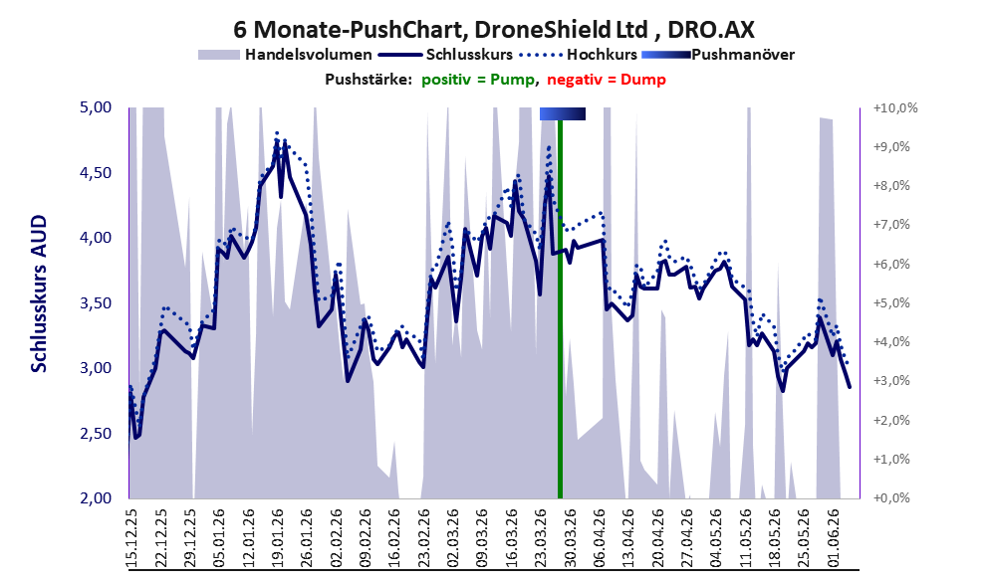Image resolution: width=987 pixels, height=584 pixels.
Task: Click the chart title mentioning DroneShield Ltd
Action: click(x=494, y=29)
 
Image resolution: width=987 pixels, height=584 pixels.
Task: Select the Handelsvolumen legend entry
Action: click(x=285, y=55)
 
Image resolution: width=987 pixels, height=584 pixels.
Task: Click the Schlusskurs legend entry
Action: click(x=445, y=55)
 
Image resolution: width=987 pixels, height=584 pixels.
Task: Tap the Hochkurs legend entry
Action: click(x=579, y=55)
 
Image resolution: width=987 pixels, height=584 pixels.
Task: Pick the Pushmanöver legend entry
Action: click(x=718, y=55)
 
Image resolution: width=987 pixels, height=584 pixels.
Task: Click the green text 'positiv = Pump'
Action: click(x=479, y=80)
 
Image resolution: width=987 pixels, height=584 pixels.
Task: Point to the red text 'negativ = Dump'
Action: click(x=607, y=80)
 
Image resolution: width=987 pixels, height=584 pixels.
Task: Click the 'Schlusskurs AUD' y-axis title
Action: click(x=39, y=293)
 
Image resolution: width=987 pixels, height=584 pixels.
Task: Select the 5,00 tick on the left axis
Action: click(x=95, y=107)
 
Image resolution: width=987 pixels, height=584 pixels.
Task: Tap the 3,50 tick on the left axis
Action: click(x=95, y=303)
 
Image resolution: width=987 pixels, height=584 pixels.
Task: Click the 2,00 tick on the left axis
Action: click(x=95, y=497)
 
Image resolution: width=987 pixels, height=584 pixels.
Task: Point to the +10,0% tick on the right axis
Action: click(x=895, y=108)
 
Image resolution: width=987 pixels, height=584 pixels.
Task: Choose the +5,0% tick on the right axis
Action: click(x=892, y=303)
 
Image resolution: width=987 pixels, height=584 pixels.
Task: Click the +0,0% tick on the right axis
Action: click(x=892, y=497)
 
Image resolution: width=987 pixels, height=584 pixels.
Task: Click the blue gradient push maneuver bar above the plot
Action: click(x=563, y=113)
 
